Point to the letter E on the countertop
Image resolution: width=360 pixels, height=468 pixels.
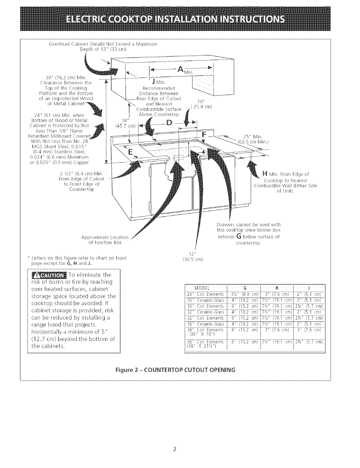(x=130, y=152)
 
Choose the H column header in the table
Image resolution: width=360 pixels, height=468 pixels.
(x=277, y=288)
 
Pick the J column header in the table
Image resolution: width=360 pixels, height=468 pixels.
(x=309, y=288)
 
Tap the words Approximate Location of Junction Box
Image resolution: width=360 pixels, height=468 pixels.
(x=105, y=240)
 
